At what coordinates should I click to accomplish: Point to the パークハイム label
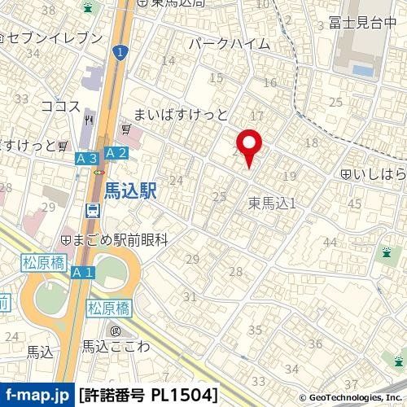pos(229,44)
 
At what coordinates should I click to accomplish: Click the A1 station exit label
pos(81,272)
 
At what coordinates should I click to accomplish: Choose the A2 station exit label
pos(116,152)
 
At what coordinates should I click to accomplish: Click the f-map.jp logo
pos(36,396)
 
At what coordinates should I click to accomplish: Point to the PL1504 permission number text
pos(149,396)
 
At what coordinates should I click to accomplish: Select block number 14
pos(168,61)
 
